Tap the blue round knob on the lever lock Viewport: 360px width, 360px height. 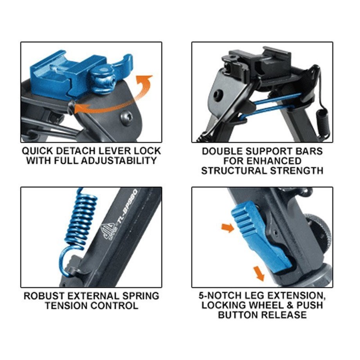tap(103, 79)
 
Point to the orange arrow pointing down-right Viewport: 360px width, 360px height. tap(259, 273)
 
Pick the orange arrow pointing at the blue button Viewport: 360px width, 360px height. tap(228, 228)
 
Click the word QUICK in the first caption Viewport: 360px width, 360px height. tap(37, 151)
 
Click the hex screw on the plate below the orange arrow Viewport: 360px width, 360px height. tap(126, 117)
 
